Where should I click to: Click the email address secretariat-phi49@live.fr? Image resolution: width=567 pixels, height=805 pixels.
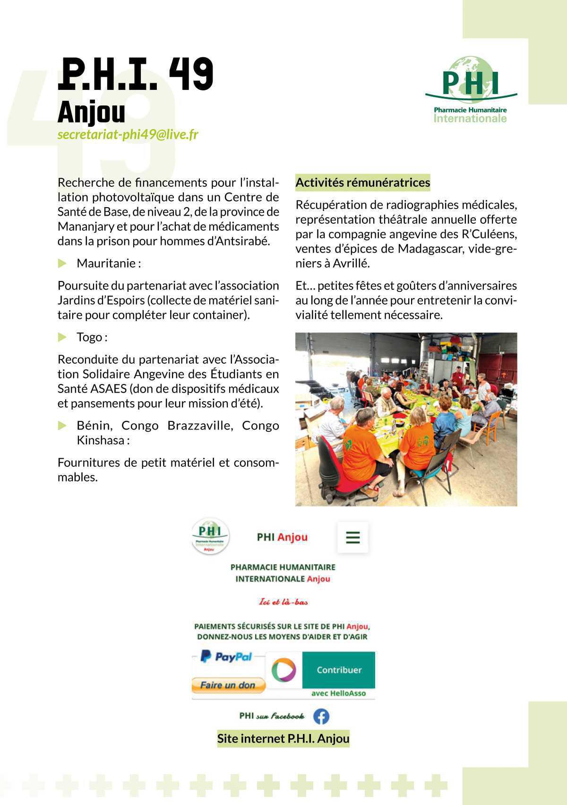coord(128,135)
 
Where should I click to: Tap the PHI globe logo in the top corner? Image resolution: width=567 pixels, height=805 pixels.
coord(471,90)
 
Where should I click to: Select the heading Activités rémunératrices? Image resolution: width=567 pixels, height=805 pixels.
coord(363,183)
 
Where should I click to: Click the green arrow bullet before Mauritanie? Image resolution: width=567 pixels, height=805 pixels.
coord(62,263)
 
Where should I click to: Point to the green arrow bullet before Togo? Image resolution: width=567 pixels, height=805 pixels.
coord(62,337)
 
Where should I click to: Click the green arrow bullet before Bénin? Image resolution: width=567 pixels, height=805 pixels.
coord(62,426)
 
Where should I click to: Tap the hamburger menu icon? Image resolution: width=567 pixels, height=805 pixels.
coord(353,537)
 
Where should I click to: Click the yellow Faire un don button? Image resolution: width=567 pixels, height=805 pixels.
coord(228,685)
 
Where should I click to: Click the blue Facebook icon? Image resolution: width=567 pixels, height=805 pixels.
coord(321,716)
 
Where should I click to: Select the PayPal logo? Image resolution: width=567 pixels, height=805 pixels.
coord(226,656)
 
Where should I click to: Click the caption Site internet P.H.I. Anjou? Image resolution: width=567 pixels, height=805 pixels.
coord(283,739)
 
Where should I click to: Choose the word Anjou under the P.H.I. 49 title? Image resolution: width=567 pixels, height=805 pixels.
coord(92,113)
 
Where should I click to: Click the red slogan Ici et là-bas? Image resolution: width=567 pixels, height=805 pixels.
coord(283,602)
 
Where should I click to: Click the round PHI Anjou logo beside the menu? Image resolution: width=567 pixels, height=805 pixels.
coord(210,537)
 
